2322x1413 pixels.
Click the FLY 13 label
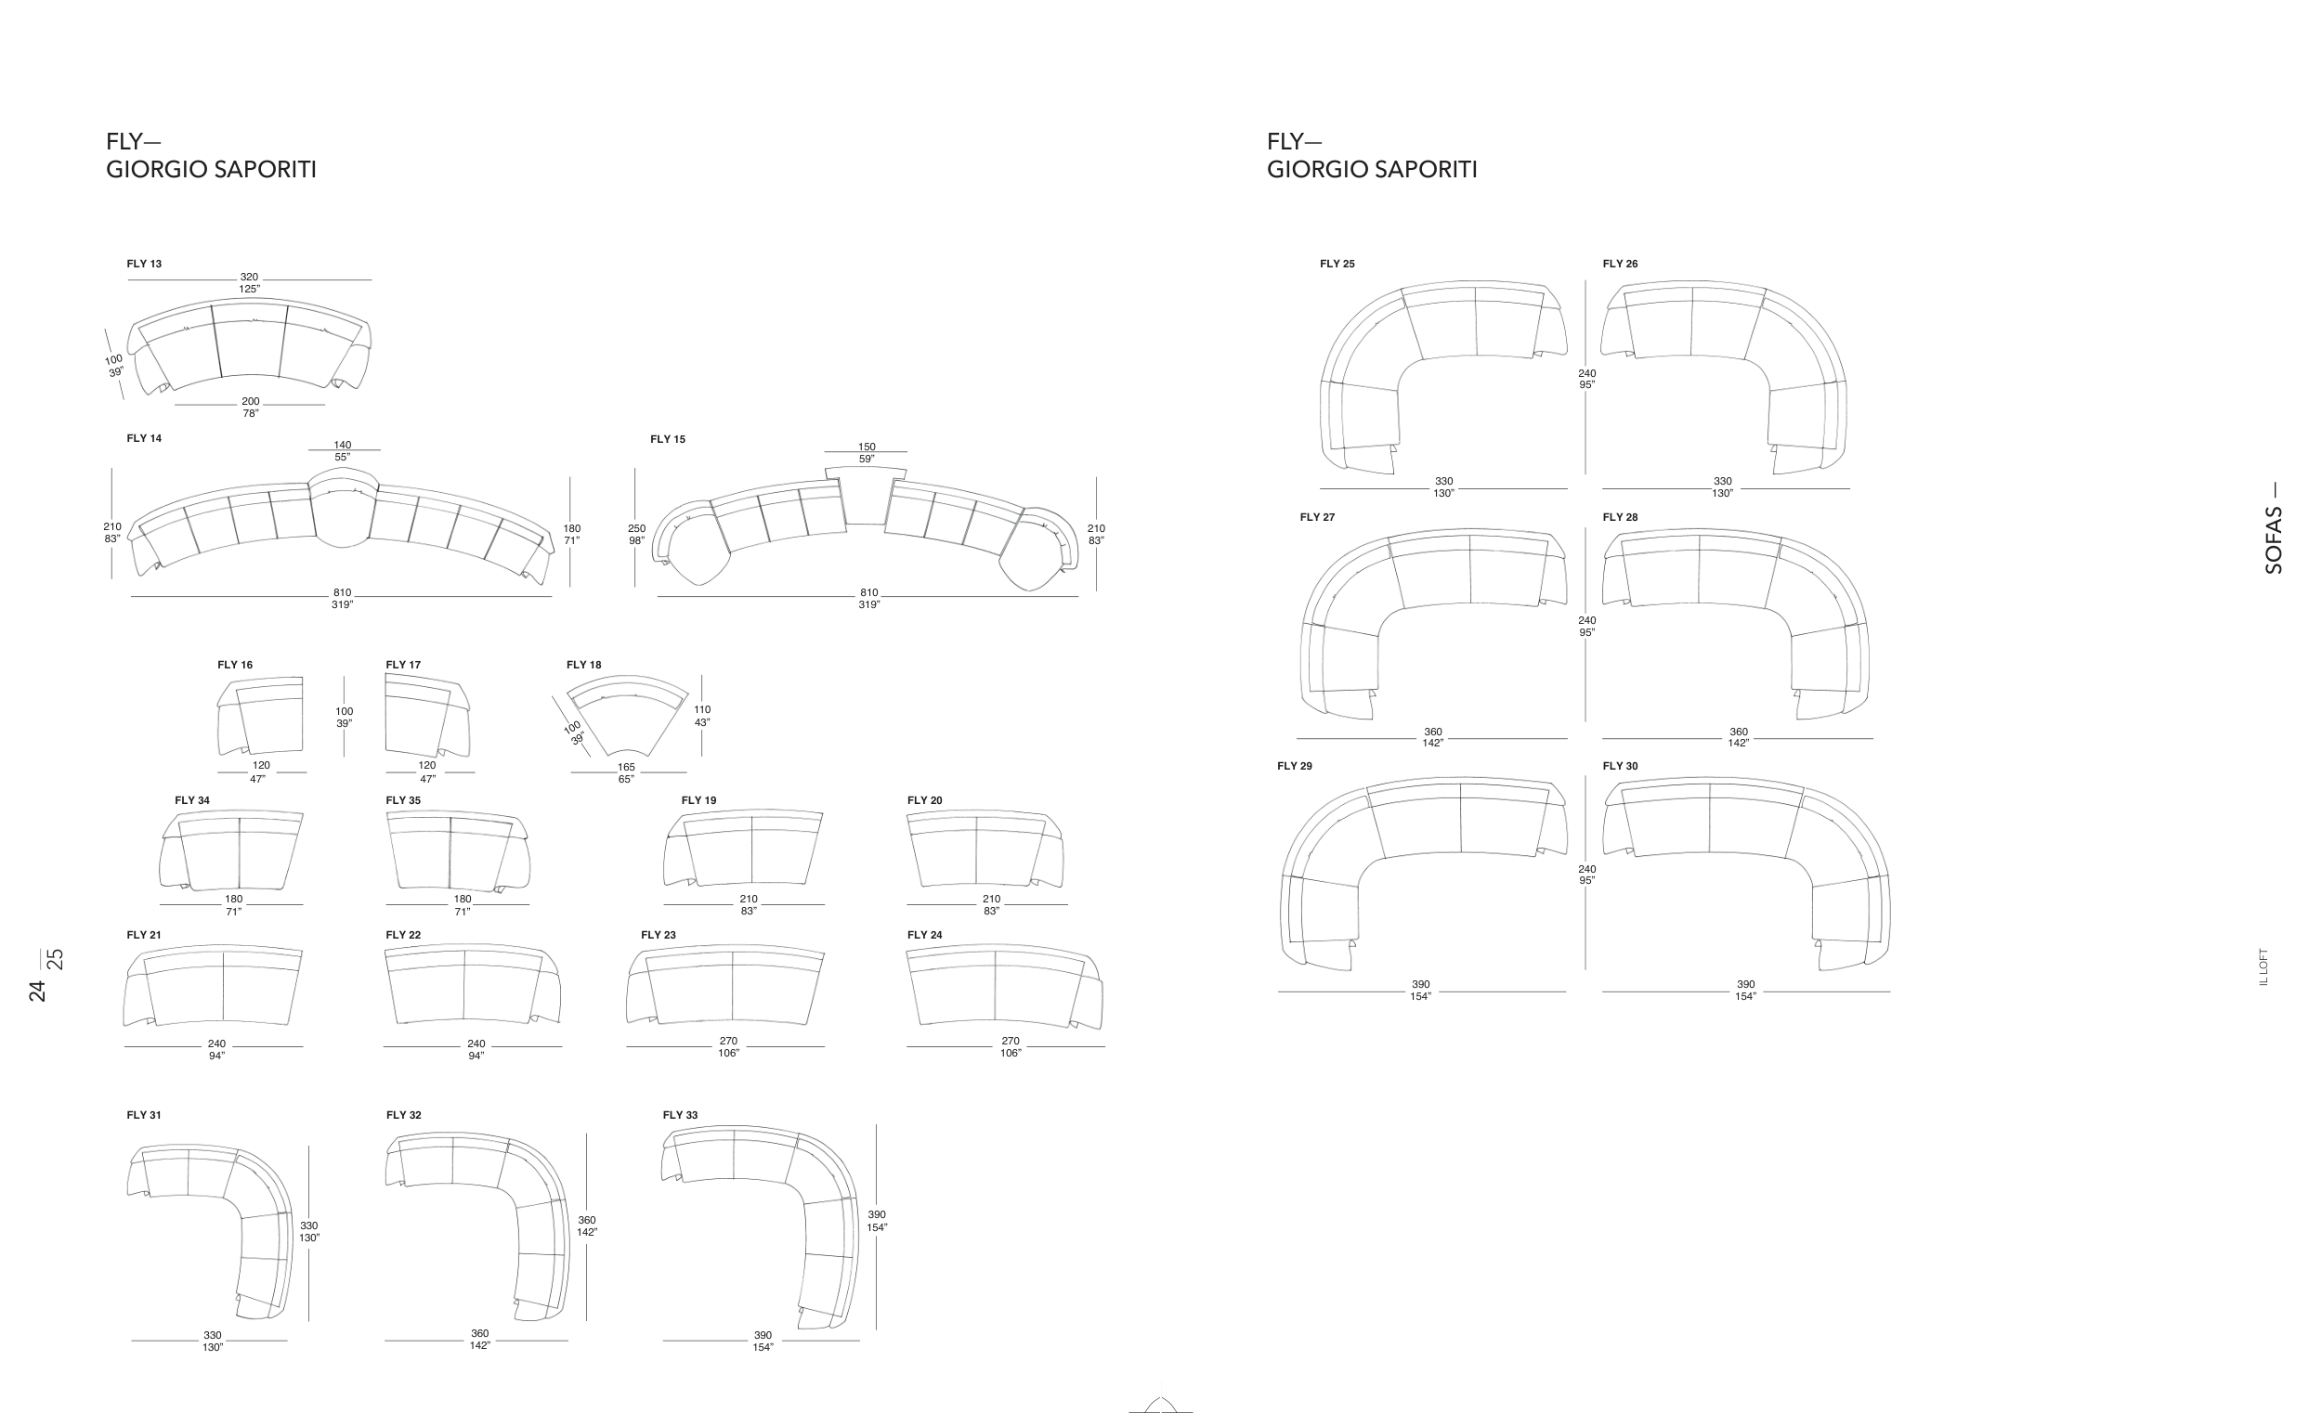pyautogui.click(x=144, y=264)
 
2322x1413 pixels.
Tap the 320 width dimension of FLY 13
pyautogui.click(x=249, y=278)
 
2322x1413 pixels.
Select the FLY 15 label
pyautogui.click(x=667, y=439)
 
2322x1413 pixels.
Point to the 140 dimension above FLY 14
pyautogui.click(x=342, y=446)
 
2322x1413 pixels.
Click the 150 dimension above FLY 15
pyautogui.click(x=866, y=447)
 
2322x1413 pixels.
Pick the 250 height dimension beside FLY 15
pyautogui.click(x=637, y=529)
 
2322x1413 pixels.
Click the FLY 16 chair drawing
pyautogui.click(x=260, y=716)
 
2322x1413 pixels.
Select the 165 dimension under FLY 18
pyautogui.click(x=627, y=768)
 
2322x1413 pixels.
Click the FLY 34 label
pyautogui.click(x=192, y=800)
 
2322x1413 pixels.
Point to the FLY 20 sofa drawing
pyautogui.click(x=985, y=849)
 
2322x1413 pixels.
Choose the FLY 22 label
pyautogui.click(x=403, y=936)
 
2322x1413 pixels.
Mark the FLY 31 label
pyautogui.click(x=144, y=1115)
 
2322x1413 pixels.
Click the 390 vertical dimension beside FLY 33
pyautogui.click(x=877, y=1215)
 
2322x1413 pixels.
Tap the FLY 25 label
pyautogui.click(x=1337, y=264)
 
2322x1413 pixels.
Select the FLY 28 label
pyautogui.click(x=1620, y=517)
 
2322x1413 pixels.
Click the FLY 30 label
pyautogui.click(x=1620, y=766)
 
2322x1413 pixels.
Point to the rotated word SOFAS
pyautogui.click(x=2274, y=540)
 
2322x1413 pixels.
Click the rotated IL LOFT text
pyautogui.click(x=2263, y=967)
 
